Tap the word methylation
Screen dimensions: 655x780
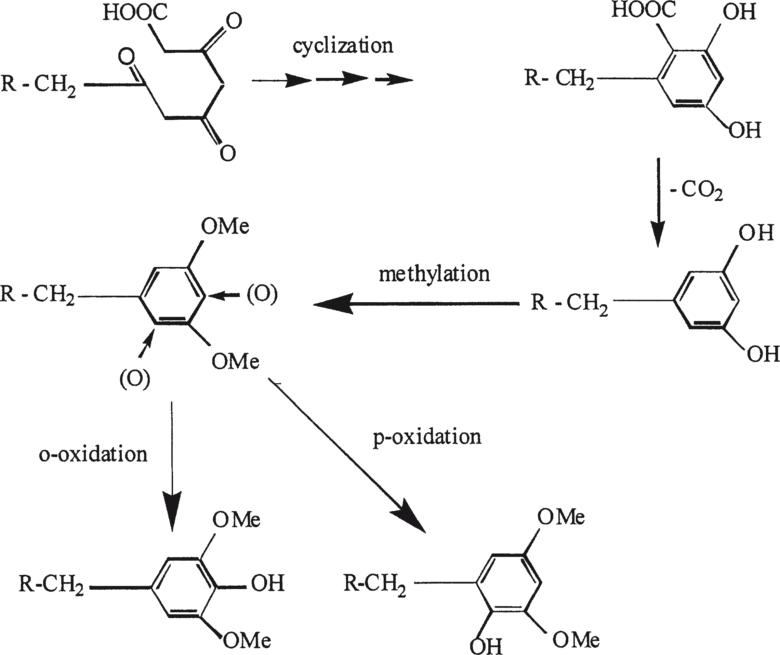click(x=434, y=275)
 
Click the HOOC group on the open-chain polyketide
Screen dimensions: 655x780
click(x=135, y=12)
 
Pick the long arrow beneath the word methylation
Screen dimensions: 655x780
click(x=416, y=304)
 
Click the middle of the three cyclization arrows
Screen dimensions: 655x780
click(x=342, y=79)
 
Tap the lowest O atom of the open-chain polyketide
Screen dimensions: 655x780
click(x=227, y=153)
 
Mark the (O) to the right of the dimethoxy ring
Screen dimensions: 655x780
click(x=262, y=294)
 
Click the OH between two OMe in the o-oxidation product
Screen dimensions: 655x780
click(x=267, y=583)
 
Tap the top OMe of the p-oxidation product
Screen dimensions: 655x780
click(x=561, y=517)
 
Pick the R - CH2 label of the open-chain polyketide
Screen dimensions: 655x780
click(x=39, y=85)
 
